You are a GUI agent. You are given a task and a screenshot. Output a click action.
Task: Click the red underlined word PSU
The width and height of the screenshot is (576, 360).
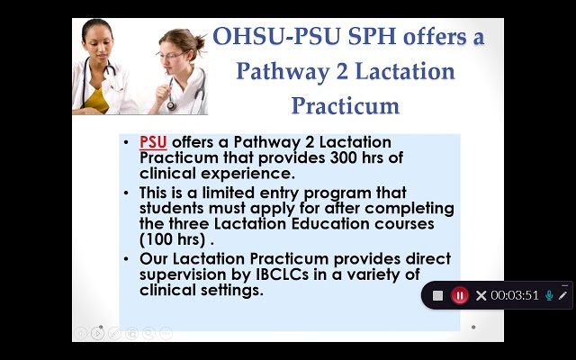(153, 142)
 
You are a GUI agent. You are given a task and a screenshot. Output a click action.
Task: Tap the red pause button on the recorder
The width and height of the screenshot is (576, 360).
(460, 295)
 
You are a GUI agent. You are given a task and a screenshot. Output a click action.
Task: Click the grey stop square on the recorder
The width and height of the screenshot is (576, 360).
(437, 295)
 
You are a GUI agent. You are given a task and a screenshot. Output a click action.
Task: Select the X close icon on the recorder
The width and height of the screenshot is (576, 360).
(481, 295)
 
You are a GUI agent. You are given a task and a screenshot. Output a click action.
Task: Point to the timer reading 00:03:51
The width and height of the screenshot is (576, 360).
(515, 295)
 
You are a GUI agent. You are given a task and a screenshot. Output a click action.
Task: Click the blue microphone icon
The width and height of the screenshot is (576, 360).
(549, 295)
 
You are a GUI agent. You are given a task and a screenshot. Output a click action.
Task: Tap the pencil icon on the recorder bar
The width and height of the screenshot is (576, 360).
(562, 295)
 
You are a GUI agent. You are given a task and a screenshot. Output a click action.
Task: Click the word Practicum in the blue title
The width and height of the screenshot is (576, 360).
(346, 106)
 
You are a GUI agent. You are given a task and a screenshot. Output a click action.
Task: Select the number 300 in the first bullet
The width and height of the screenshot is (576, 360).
(344, 158)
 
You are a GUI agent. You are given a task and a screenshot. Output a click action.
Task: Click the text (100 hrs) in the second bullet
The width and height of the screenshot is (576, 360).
(172, 240)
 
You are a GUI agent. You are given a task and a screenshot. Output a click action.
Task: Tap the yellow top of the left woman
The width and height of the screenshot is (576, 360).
(97, 100)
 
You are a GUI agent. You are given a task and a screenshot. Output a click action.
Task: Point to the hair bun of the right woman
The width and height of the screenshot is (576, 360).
(200, 41)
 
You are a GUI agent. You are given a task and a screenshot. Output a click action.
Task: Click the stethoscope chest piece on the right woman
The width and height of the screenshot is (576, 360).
(171, 106)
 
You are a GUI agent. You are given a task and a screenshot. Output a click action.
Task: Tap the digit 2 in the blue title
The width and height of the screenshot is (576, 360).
(342, 72)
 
